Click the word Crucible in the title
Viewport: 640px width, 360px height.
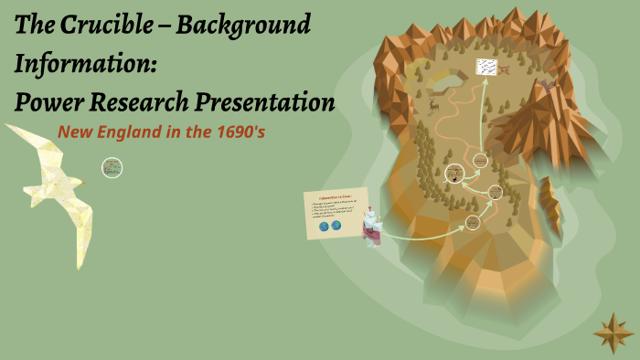click(x=121, y=25)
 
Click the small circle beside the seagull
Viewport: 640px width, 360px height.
click(x=112, y=167)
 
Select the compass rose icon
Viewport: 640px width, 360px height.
click(x=613, y=333)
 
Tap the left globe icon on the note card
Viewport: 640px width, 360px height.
click(x=323, y=226)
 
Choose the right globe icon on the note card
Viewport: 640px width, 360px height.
click(x=336, y=225)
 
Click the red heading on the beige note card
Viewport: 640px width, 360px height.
click(x=336, y=196)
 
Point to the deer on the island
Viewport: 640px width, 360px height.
click(x=432, y=105)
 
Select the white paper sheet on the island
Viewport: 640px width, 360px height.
click(x=487, y=68)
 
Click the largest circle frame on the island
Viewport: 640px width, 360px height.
click(x=454, y=173)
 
